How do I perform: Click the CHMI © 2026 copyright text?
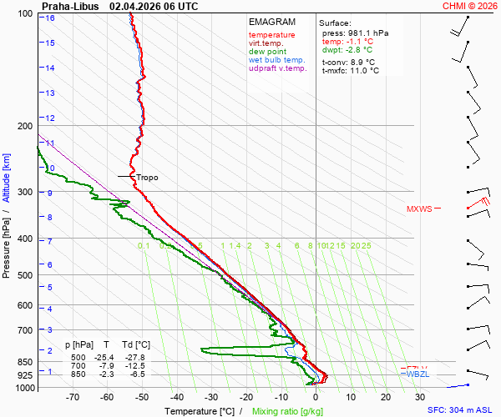pos(469,6)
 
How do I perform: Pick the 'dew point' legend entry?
pos(268,52)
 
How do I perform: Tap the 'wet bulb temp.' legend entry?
pos(277,60)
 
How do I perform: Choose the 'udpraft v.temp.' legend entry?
pos(278,68)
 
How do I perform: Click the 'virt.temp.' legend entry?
pos(266,43)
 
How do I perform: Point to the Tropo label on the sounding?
pos(147,178)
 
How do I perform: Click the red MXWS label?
pos(419,209)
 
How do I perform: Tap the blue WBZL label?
pos(417,374)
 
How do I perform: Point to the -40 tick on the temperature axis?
pos(176,398)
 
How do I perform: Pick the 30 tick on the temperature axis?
pos(420,398)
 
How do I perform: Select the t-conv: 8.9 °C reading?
pos(348,62)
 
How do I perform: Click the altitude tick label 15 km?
pos(51,43)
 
